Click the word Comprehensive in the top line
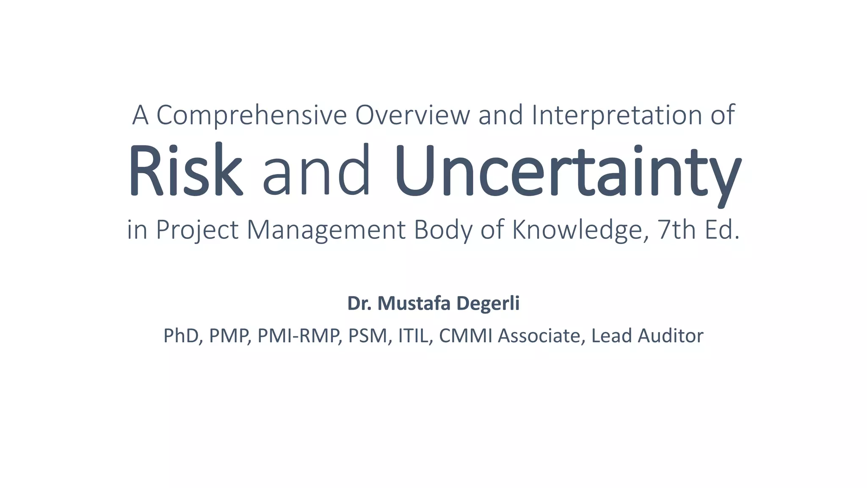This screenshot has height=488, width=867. (x=251, y=115)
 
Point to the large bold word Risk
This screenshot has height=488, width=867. (x=185, y=170)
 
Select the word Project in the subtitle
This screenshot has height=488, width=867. (x=197, y=230)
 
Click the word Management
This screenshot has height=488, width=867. (x=326, y=230)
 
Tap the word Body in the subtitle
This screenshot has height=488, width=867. (x=443, y=230)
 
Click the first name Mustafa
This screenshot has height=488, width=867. (x=414, y=303)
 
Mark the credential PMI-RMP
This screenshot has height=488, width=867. (x=299, y=336)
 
